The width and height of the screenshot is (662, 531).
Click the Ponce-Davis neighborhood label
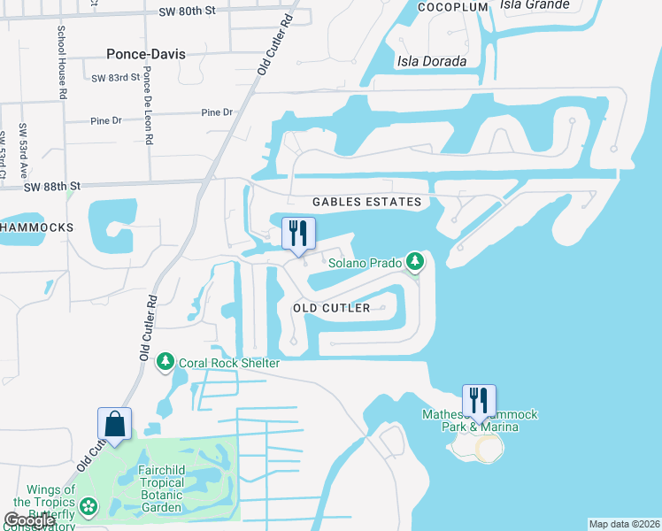coord(145,54)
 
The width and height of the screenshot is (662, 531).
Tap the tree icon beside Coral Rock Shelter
coord(165,361)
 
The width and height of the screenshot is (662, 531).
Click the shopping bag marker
coord(115,424)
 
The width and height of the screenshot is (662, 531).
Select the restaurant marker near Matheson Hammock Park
coord(479,401)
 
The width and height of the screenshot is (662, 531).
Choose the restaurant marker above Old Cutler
coord(298,234)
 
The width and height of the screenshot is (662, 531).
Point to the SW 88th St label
coord(52,186)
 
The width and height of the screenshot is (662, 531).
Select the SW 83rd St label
coord(116,78)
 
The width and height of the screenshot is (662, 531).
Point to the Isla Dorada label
coord(430,60)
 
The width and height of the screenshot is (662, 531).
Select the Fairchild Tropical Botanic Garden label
coord(161,483)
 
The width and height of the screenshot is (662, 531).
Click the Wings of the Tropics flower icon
coord(88,506)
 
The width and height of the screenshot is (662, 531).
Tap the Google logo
coord(29,521)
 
